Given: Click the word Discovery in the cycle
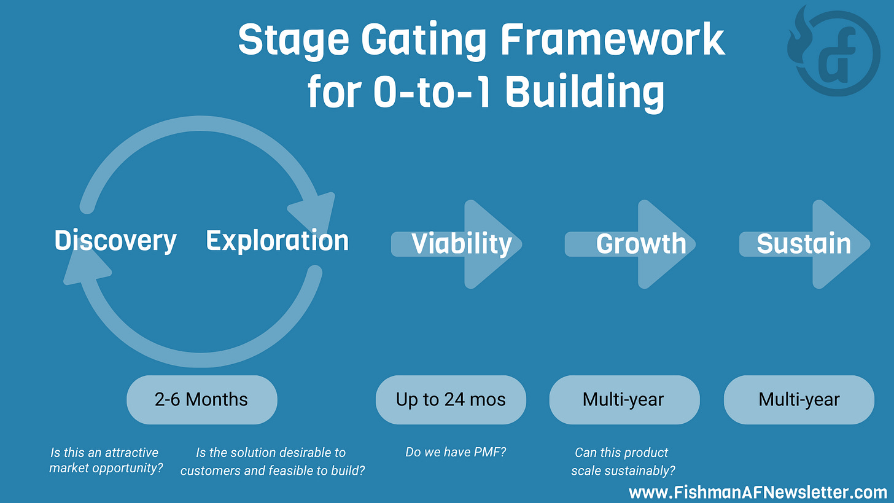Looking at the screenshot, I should click(x=115, y=241).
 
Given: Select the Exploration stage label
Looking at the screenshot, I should click(x=277, y=241).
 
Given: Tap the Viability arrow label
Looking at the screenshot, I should click(x=461, y=244).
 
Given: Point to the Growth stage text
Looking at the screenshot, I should click(x=640, y=244).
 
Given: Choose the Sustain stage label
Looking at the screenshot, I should click(x=804, y=244).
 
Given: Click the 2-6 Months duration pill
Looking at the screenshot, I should click(x=201, y=400).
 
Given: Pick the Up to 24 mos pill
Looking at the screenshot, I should click(x=451, y=400).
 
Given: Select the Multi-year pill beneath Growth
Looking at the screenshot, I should click(x=623, y=400).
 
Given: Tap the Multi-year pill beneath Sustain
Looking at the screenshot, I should click(x=799, y=400).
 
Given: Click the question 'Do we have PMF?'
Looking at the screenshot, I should click(x=456, y=453).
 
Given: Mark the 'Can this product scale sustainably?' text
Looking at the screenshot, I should click(x=622, y=461).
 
